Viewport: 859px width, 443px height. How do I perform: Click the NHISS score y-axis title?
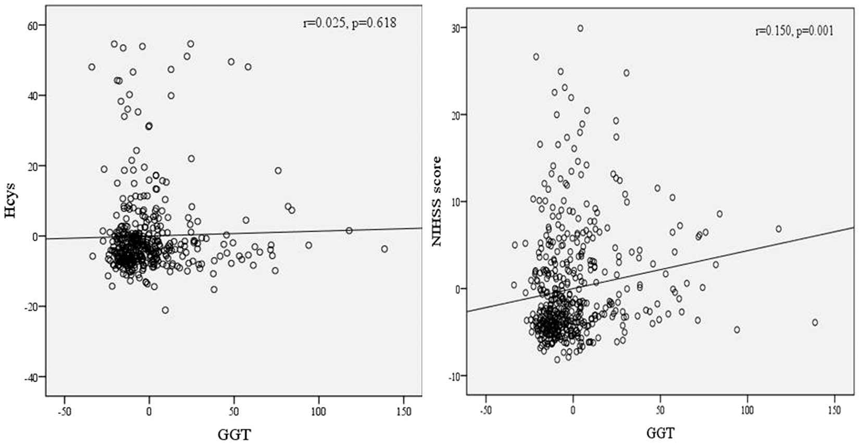click(x=437, y=201)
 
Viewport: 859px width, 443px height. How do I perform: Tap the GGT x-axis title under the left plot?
click(x=234, y=434)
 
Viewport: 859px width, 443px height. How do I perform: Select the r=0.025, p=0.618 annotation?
click(x=350, y=23)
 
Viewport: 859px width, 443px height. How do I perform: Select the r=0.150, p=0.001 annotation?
click(x=794, y=31)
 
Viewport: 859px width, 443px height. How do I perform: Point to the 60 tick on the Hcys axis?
click(x=34, y=26)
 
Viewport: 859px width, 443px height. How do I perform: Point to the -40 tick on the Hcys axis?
click(x=32, y=376)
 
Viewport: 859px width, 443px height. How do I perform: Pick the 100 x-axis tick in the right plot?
click(x=747, y=411)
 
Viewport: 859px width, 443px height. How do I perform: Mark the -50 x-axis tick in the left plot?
click(x=65, y=412)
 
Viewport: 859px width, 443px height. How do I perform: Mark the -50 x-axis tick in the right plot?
click(x=485, y=411)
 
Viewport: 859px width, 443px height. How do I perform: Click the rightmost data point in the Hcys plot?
click(x=384, y=249)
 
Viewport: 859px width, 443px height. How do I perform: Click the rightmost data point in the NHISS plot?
click(x=815, y=323)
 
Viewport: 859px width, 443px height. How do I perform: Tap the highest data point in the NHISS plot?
click(x=580, y=29)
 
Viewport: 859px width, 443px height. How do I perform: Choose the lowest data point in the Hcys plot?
click(x=165, y=310)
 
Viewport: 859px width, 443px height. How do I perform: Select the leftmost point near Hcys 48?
click(x=92, y=67)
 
